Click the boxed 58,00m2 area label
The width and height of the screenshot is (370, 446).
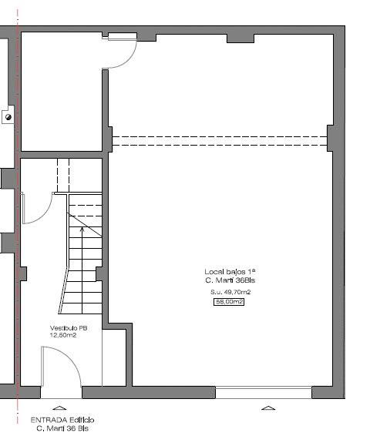[229, 301]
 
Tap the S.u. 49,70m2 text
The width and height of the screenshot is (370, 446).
[230, 292]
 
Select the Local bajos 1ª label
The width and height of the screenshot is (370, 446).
[230, 271]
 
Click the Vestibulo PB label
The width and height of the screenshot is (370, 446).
[69, 328]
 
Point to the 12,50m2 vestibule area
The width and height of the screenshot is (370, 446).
[63, 335]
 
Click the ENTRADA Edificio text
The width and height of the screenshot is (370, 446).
[62, 420]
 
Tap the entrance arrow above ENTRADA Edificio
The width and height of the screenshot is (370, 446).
[59, 408]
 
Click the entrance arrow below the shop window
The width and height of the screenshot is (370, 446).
[268, 408]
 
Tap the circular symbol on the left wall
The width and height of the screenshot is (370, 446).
[8, 117]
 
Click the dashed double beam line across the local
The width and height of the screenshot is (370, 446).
[220, 141]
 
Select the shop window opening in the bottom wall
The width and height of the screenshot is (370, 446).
[264, 392]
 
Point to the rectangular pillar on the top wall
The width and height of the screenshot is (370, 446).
[240, 39]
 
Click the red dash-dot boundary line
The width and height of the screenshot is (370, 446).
[18, 216]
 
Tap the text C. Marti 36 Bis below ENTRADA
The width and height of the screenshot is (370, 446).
[62, 428]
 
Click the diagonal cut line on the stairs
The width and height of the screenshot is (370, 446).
[85, 224]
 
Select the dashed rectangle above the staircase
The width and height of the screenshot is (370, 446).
[63, 175]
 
